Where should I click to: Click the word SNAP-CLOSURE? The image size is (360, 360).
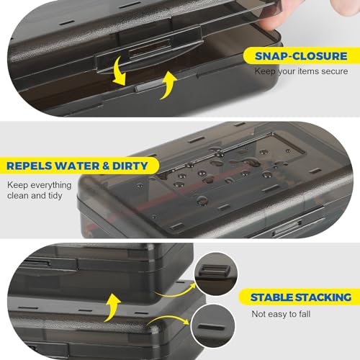[x=301, y=56]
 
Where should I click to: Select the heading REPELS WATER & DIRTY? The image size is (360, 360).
[x=77, y=166]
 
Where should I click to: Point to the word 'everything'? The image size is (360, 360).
[x=51, y=185]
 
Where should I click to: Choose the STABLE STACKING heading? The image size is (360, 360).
[x=301, y=297]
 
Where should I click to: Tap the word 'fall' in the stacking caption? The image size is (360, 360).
[x=305, y=314]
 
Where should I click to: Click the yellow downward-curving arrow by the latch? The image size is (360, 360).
[x=120, y=71]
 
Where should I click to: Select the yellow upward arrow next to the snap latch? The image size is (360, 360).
[x=168, y=85]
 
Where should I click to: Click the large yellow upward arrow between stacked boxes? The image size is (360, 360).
[x=112, y=308]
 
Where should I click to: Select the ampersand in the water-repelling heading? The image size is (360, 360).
[x=106, y=166]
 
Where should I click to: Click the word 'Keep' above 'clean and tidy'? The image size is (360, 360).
[x=17, y=185]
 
